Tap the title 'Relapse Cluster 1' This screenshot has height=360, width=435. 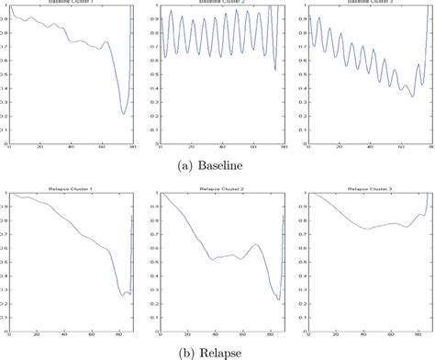coord(69,188)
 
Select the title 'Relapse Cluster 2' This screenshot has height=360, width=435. coord(220,188)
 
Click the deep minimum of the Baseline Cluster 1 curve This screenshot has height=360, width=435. coord(124,114)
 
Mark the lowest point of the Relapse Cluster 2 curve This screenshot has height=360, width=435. coord(277,299)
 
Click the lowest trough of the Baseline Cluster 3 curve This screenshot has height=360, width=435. coord(412,96)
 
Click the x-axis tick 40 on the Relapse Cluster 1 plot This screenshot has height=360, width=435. coord(64,332)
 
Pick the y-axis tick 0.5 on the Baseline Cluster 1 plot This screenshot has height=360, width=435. coord(4,75)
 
